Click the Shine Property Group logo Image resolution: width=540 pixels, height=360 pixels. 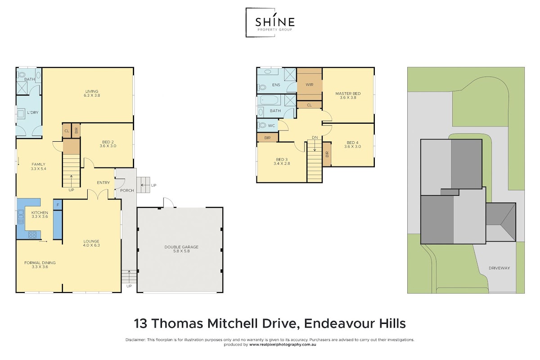point(270,22)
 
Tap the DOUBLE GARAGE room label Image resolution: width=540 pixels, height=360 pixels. point(181,247)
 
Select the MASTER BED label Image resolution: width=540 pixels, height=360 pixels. point(348,94)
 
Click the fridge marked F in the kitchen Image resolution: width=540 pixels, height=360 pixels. point(58,205)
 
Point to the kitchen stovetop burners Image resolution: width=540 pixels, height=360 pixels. point(32,234)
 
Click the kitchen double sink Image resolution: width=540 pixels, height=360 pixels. point(21,216)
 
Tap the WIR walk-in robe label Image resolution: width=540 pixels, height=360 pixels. point(310,85)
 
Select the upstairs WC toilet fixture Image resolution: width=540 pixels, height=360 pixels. point(261,126)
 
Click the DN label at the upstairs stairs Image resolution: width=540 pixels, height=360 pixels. point(315,137)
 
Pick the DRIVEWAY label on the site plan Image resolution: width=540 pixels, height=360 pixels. point(499,268)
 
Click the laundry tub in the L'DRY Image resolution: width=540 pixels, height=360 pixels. point(21,113)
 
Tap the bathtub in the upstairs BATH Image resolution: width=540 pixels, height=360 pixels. point(269,100)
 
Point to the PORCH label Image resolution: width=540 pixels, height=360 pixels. point(127,190)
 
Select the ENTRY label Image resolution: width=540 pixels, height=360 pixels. point(103,183)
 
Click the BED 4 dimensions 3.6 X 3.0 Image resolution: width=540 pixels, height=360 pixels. point(352,146)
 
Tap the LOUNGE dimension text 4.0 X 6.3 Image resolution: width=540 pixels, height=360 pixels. point(91,245)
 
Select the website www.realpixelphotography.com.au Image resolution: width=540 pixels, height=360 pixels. point(283,345)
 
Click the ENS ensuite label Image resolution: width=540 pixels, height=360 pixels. point(276,85)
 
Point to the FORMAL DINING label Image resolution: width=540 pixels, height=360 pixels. point(40,263)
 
